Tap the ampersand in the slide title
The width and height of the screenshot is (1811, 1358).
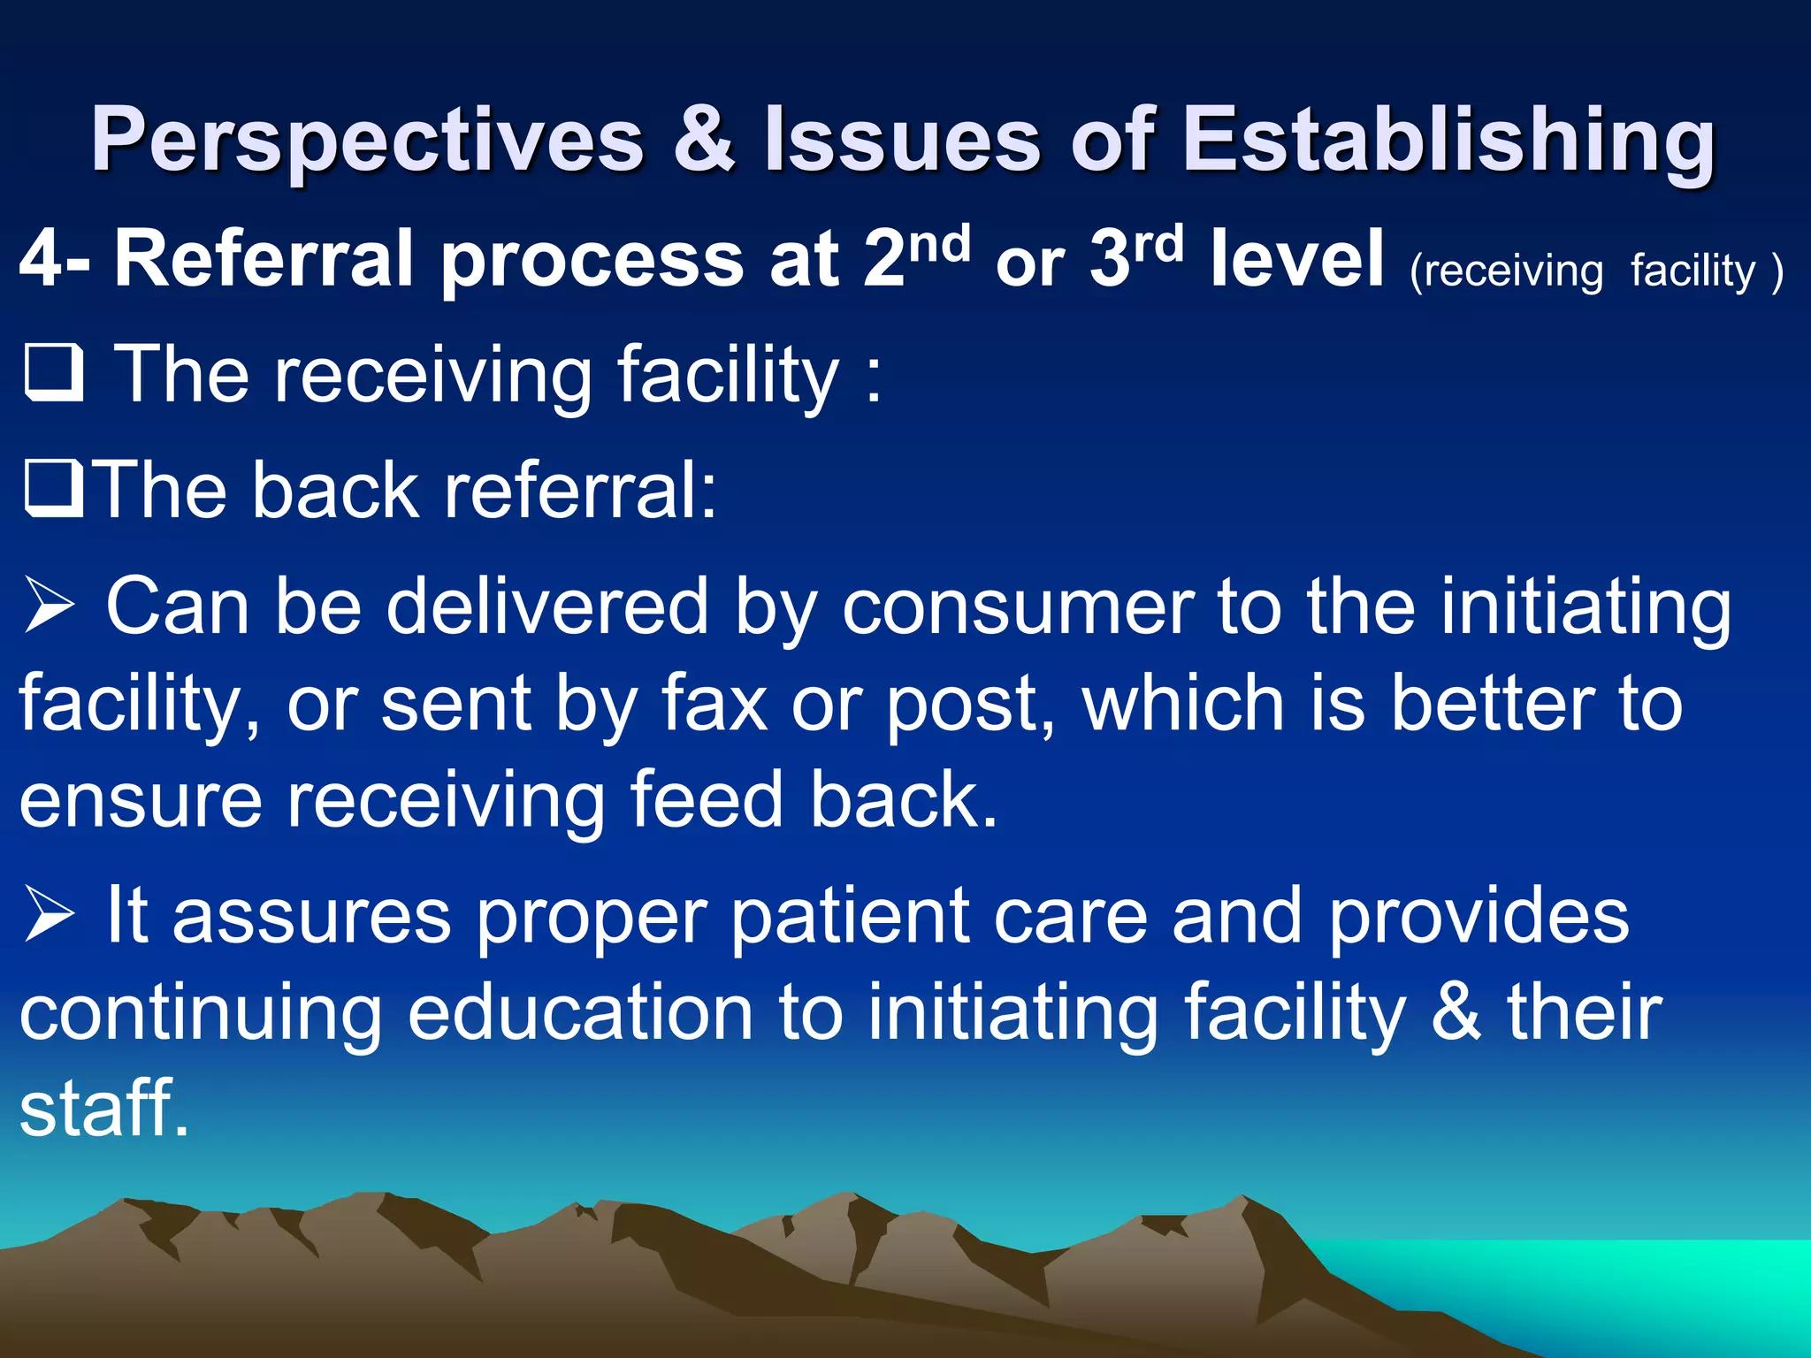click(x=704, y=140)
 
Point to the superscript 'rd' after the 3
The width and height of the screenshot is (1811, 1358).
click(x=1158, y=244)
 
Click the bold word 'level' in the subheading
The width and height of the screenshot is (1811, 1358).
click(x=1297, y=259)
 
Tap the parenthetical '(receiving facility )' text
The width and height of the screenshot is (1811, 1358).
click(x=1595, y=271)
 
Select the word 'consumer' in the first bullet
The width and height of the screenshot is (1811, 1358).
click(x=1017, y=608)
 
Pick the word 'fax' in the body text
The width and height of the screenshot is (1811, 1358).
click(x=714, y=705)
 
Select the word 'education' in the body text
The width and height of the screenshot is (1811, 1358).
click(x=580, y=1013)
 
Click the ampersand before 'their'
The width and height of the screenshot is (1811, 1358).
click(x=1456, y=1013)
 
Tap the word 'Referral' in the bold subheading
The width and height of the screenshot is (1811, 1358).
click(x=264, y=259)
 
